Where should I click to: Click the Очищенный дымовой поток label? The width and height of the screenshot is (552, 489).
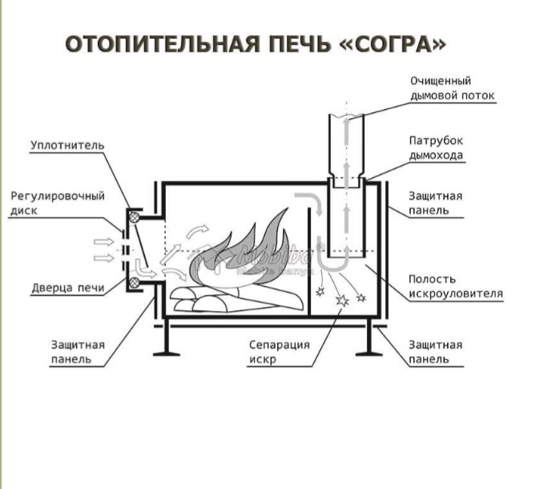click(x=453, y=88)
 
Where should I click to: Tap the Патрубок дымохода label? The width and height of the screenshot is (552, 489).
click(x=436, y=148)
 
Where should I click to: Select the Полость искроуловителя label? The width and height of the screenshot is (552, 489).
click(x=455, y=286)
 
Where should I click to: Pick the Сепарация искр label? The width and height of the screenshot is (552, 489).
click(x=278, y=352)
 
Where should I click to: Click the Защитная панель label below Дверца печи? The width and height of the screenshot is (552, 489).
click(x=77, y=352)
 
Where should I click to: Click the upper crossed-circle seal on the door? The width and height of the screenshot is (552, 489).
click(x=135, y=216)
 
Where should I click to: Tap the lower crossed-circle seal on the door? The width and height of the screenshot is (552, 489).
click(x=136, y=281)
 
